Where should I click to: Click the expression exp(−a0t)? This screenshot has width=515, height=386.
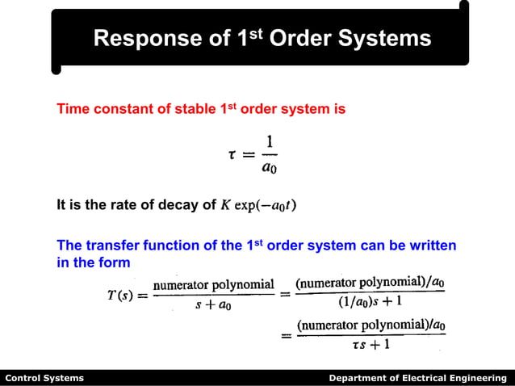(x=265, y=205)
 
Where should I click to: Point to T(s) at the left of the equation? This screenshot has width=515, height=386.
(x=120, y=296)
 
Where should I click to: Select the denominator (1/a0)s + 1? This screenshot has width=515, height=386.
(x=371, y=304)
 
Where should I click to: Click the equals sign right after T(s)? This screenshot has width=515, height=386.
(x=143, y=296)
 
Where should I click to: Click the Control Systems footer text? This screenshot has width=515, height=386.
(x=44, y=378)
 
